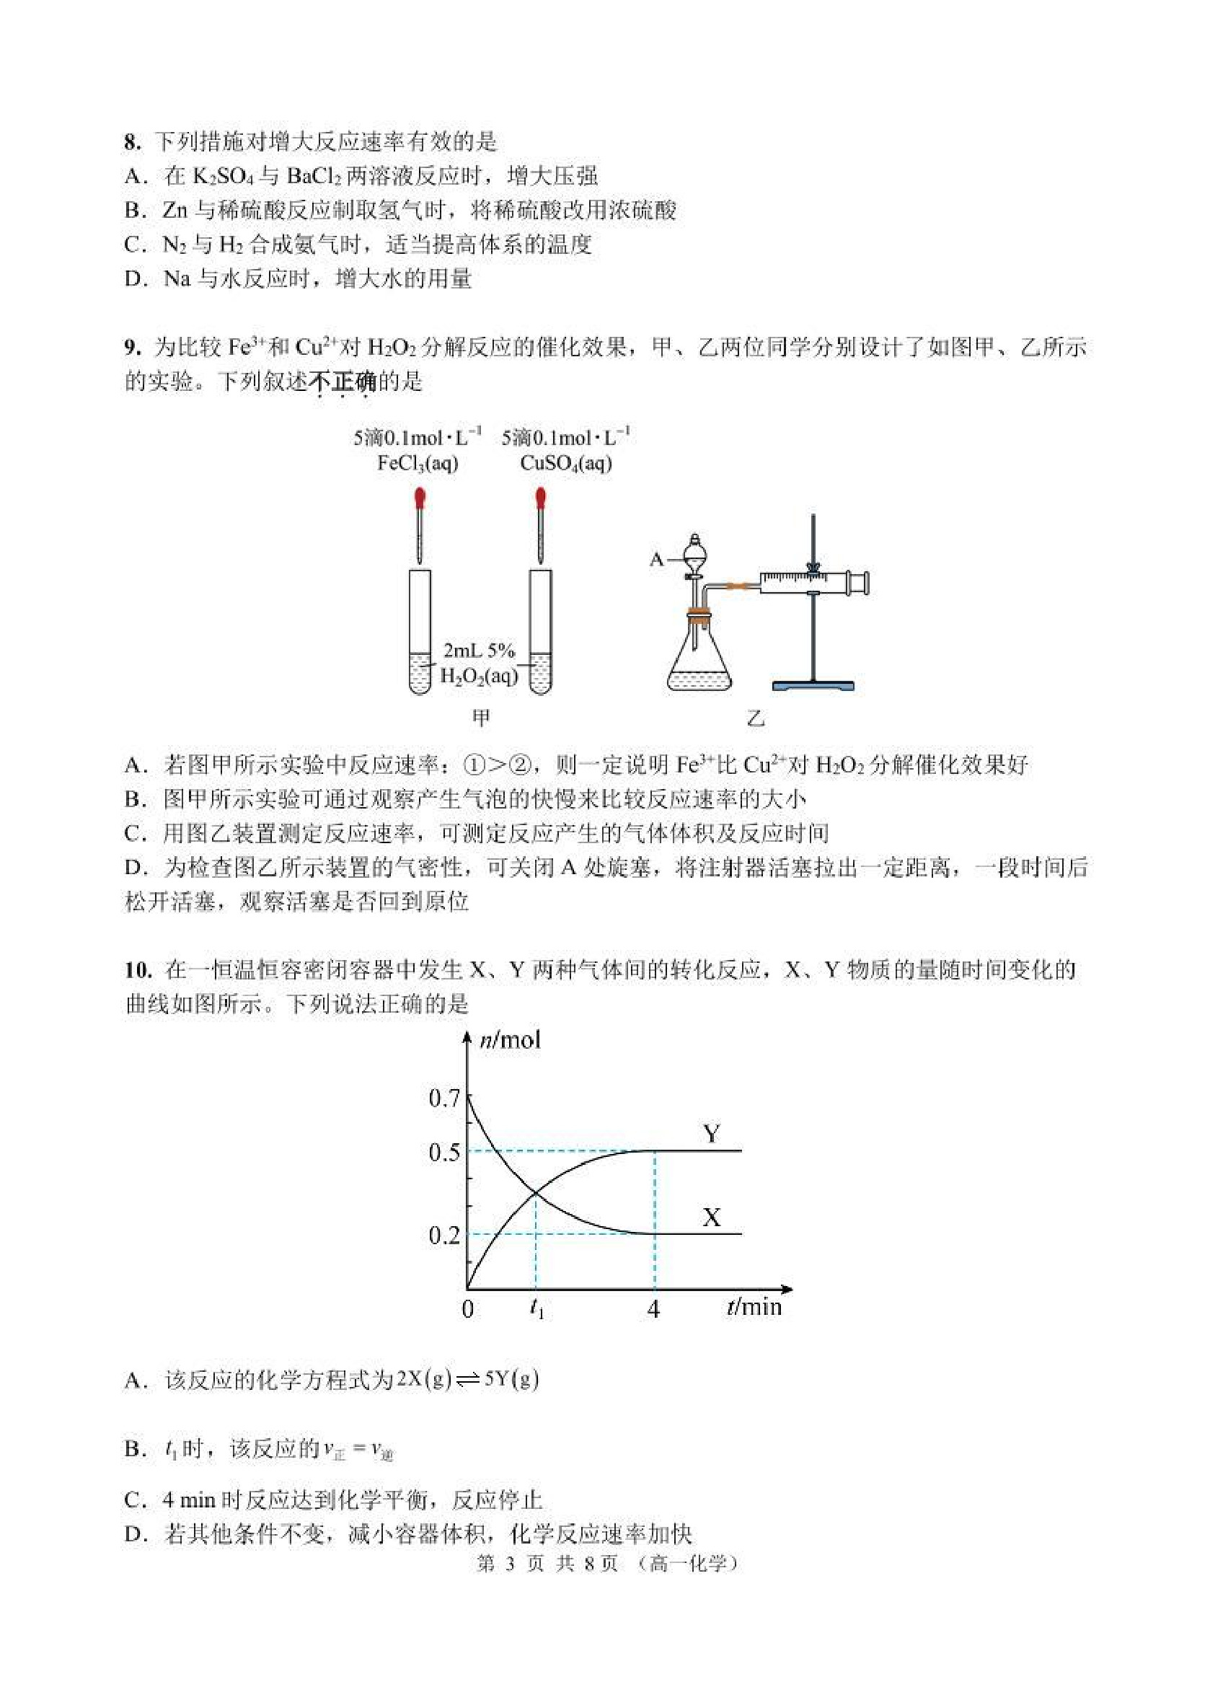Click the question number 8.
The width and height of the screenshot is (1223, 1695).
(x=132, y=142)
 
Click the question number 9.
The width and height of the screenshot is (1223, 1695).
(x=132, y=348)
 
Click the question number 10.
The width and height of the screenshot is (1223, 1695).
(x=138, y=970)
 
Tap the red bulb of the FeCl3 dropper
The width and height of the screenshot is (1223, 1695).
(x=420, y=496)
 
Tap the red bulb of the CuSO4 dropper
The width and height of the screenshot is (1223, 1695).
(x=540, y=496)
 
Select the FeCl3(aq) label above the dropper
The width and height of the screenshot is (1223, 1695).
(x=418, y=463)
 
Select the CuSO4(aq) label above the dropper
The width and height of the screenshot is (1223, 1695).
(x=566, y=463)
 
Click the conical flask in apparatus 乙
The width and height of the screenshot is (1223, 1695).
(x=699, y=661)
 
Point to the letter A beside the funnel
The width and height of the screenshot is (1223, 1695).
(x=657, y=559)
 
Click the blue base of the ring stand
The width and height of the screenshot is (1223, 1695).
(x=813, y=684)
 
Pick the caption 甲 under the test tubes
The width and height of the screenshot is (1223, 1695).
(x=481, y=718)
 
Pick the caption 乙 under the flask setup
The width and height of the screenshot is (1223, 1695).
(x=756, y=719)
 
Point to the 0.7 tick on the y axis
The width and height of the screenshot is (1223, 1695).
(x=443, y=1098)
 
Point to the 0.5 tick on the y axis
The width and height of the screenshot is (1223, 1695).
(x=443, y=1152)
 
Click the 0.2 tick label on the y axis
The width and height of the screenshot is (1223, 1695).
(x=443, y=1234)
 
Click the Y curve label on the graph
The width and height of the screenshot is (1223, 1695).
(x=711, y=1134)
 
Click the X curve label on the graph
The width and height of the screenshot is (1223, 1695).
(x=711, y=1217)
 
